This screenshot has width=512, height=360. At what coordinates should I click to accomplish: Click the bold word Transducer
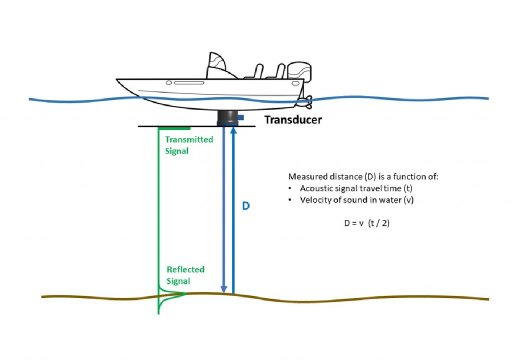293,120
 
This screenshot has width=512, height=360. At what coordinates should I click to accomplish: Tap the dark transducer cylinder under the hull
227,117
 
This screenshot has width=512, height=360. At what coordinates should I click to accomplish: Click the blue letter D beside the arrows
245,206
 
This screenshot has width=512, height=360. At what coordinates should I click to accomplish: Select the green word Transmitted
189,139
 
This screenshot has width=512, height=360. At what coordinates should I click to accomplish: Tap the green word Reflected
185,269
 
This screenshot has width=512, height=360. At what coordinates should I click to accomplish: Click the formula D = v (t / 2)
366,223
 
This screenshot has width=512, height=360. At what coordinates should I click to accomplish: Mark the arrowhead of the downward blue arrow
224,288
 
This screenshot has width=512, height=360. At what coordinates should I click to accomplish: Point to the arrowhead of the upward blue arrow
233,131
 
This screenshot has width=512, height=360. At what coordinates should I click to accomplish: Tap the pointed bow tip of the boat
118,79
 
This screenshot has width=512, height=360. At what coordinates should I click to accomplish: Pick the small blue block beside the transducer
240,117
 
